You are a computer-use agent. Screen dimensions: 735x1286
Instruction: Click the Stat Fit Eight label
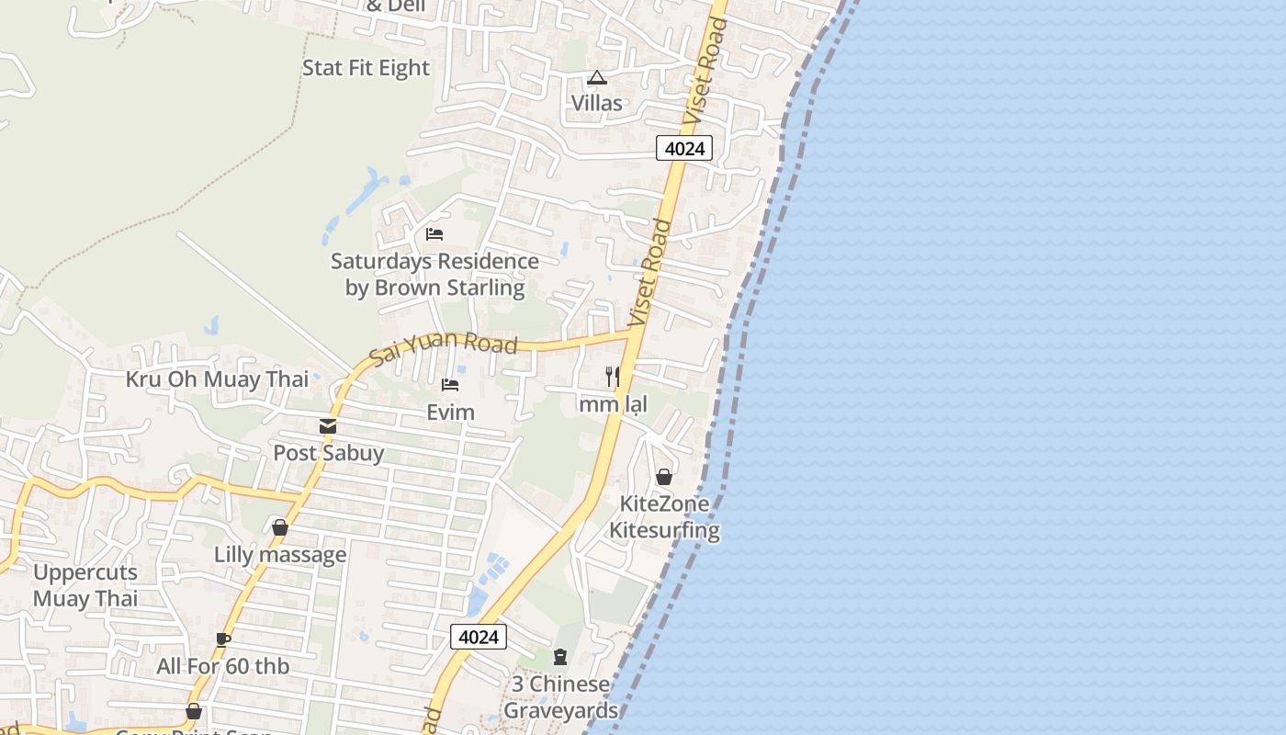(366, 68)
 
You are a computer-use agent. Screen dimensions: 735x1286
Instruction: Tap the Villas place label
(597, 103)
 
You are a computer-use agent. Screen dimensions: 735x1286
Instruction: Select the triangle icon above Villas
(597, 78)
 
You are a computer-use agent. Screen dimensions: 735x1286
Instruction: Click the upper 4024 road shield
(684, 147)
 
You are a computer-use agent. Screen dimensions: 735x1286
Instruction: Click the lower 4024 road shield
(479, 637)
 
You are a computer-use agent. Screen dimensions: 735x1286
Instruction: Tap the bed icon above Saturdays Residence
(434, 234)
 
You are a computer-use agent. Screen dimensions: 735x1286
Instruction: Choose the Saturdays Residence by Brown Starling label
(434, 275)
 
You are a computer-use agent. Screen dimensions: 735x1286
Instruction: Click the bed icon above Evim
(450, 384)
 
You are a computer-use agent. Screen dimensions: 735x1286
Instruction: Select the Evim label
(450, 412)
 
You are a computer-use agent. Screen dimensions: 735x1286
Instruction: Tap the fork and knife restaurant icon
(613, 376)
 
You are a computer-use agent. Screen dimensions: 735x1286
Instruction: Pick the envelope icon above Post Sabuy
(328, 426)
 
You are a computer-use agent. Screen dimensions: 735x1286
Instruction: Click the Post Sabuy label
(328, 453)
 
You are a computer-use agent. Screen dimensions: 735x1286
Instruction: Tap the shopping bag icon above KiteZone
(664, 477)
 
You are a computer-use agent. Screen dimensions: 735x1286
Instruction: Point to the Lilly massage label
(280, 555)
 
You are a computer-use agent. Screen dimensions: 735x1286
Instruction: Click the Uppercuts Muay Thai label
(85, 585)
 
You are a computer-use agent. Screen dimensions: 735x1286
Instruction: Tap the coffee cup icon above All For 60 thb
(223, 639)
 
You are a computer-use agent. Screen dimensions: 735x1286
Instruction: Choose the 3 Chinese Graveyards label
(560, 697)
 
